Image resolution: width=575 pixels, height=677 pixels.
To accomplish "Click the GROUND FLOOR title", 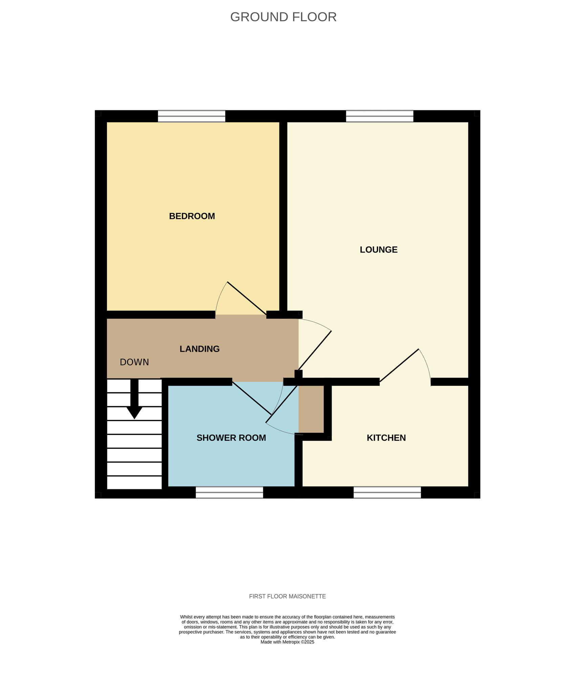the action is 283,17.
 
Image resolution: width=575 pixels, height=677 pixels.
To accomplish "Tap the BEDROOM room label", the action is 192,216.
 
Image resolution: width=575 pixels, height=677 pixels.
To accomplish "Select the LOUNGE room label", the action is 378,249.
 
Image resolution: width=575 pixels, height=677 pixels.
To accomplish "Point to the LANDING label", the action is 199,349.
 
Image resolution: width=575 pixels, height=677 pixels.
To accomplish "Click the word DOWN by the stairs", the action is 134,362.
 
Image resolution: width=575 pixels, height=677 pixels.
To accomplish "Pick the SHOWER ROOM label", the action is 231,438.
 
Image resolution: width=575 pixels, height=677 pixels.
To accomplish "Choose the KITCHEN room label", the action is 386,438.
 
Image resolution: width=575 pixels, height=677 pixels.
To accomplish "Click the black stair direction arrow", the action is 134,399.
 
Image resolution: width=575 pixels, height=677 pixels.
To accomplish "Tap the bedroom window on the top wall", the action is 192,116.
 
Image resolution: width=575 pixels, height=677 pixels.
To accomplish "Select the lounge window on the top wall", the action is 379,116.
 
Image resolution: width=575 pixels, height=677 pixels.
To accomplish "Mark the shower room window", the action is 229,493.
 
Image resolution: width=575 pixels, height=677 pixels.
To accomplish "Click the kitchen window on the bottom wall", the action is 387,493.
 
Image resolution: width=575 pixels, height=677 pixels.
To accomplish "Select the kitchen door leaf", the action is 399,366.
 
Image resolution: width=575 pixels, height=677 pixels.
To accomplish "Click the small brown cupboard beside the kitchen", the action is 311,409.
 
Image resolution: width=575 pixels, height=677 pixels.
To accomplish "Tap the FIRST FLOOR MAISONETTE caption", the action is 287,596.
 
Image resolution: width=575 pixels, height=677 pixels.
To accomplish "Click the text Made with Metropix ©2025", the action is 287,642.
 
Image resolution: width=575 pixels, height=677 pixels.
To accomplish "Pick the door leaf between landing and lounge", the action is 315,350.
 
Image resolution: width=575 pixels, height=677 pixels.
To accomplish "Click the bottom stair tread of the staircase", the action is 134,483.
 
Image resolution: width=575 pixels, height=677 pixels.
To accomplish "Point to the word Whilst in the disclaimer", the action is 186,617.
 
